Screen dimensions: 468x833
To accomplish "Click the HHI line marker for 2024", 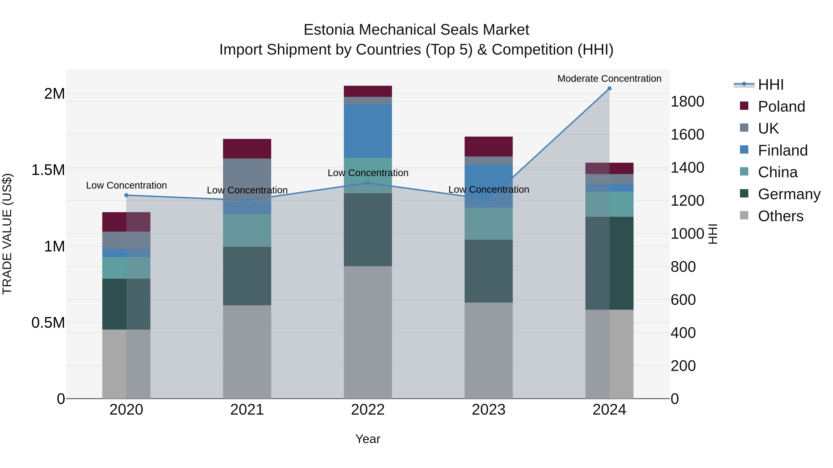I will [609, 89].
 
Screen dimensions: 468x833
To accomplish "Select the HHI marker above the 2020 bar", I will [126, 195].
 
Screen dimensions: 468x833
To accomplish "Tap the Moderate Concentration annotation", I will [609, 79].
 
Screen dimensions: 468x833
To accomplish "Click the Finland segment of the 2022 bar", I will [368, 131].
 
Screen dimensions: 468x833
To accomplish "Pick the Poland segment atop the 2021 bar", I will [247, 149].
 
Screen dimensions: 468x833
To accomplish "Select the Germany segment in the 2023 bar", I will [489, 271].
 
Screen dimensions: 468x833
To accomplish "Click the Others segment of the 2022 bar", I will [368, 332].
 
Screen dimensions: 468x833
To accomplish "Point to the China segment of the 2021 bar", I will [247, 230].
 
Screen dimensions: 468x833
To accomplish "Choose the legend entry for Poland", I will [781, 106].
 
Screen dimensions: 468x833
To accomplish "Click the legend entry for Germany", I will [789, 194].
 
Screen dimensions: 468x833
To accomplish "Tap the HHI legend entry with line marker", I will [771, 85].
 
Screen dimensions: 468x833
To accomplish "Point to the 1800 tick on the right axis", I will [687, 102].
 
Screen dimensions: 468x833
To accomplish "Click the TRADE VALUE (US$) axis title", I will [7, 234].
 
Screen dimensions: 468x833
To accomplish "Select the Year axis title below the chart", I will [368, 439].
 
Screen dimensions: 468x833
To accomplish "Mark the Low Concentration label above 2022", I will [368, 173].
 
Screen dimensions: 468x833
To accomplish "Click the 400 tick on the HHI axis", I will [683, 333].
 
